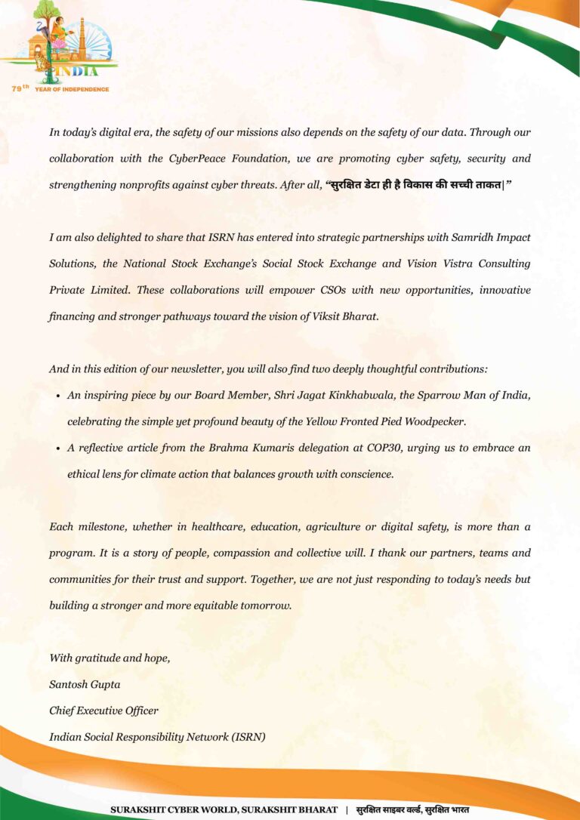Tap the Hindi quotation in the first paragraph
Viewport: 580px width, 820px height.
pyautogui.click(x=418, y=185)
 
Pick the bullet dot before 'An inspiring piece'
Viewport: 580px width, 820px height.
pyautogui.click(x=59, y=396)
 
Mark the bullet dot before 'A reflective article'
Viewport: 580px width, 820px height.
pyautogui.click(x=59, y=449)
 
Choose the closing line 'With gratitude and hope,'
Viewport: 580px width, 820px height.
pyautogui.click(x=110, y=658)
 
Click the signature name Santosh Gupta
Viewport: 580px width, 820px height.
pyautogui.click(x=85, y=684)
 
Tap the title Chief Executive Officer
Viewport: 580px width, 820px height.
pyautogui.click(x=103, y=711)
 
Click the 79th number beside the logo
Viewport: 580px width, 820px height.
pyautogui.click(x=20, y=88)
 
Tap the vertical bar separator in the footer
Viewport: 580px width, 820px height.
pyautogui.click(x=347, y=809)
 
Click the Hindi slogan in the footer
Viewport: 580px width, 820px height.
pyautogui.click(x=412, y=809)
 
